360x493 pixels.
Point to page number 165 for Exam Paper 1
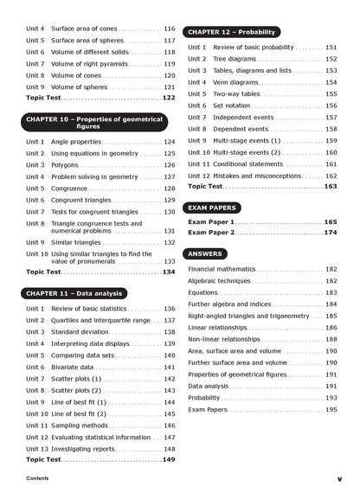click(331, 222)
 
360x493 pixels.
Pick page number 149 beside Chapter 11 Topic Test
click(169, 460)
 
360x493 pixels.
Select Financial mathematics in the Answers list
click(222, 269)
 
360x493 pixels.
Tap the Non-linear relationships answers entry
click(225, 339)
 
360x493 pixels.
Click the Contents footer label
click(37, 478)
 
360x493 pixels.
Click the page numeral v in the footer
click(339, 478)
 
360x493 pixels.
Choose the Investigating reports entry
click(86, 449)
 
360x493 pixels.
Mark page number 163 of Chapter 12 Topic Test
click(331, 187)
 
